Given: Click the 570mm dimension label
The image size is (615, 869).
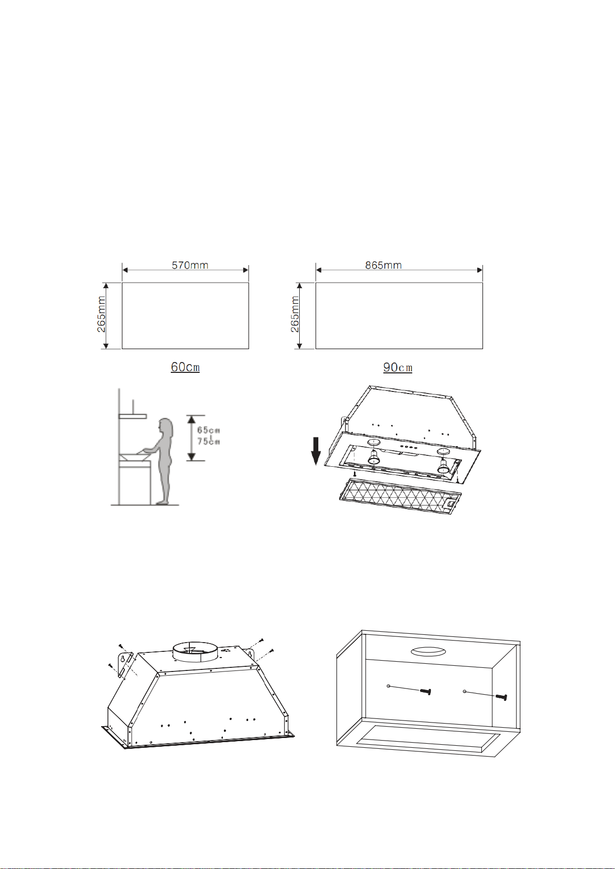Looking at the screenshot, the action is pos(190,266).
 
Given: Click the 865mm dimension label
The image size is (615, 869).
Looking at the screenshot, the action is pos(383,266).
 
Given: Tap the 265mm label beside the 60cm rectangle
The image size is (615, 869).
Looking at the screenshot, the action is pos(101,315).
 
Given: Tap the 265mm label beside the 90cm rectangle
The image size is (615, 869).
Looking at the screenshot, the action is pos(295,315).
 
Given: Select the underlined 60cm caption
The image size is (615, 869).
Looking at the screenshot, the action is pos(185,367).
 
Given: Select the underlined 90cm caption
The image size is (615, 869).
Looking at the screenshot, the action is pos(398,367).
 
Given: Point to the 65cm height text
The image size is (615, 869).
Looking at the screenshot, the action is pos(209,430).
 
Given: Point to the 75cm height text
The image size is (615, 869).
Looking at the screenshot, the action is pos(209,441).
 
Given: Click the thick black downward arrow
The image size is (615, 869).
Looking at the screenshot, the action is pos(316,451).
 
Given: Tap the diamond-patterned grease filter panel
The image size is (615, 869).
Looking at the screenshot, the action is pos(400,496).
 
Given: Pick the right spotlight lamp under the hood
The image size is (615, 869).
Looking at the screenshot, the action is pos(443,466).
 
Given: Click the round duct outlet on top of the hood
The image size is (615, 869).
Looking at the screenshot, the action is pos(196,652).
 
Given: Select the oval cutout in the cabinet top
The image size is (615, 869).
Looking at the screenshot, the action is pos(428,652).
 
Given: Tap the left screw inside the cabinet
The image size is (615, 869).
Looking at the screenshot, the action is pos(425,691).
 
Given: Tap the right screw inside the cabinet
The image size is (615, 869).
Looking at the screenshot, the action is pos(501,696).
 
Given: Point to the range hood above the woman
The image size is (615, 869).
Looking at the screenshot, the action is pos(133,416).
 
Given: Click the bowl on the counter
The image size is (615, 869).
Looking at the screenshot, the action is pos(135,457).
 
